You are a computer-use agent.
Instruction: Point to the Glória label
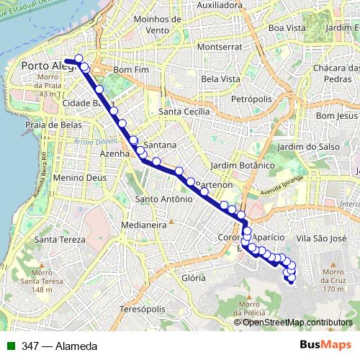click(x=194, y=277)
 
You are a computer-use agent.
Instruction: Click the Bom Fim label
click(x=130, y=70)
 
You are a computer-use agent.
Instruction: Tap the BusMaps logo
click(x=325, y=345)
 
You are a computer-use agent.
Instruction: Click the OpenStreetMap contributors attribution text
click(x=297, y=322)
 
